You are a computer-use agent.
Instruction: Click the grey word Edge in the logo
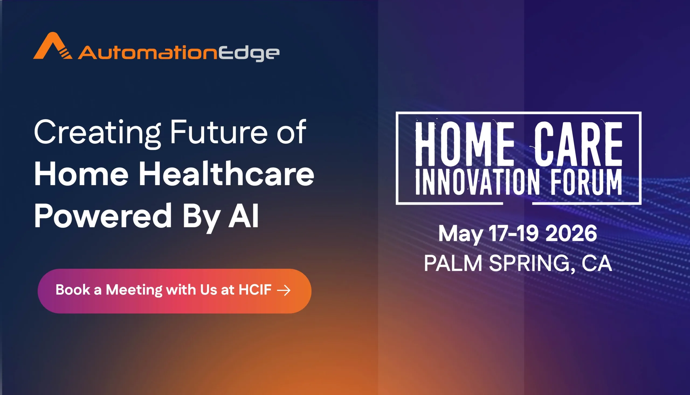coord(249,53)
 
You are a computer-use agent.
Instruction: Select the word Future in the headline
coord(219,132)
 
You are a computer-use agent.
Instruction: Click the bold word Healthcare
coord(226,174)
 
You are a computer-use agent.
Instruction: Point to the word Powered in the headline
coord(103,216)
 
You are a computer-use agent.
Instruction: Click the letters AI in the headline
coord(243,216)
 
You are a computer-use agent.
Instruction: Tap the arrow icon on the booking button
coord(284,290)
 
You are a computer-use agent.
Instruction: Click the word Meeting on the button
coord(134,290)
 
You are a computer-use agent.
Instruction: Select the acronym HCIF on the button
coord(255,290)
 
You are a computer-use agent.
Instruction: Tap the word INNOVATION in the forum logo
coord(477,182)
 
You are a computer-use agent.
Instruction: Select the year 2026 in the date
coord(571,233)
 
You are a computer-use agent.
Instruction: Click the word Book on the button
coord(73,290)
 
